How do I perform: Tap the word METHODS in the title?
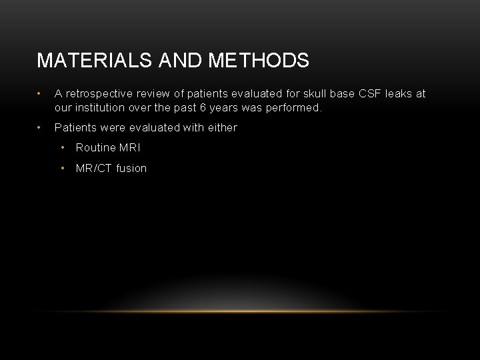click(259, 61)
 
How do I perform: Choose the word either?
click(222, 127)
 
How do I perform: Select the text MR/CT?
click(94, 168)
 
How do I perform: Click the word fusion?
click(131, 168)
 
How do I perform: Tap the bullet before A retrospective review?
click(41, 94)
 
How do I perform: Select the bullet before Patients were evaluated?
click(41, 127)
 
